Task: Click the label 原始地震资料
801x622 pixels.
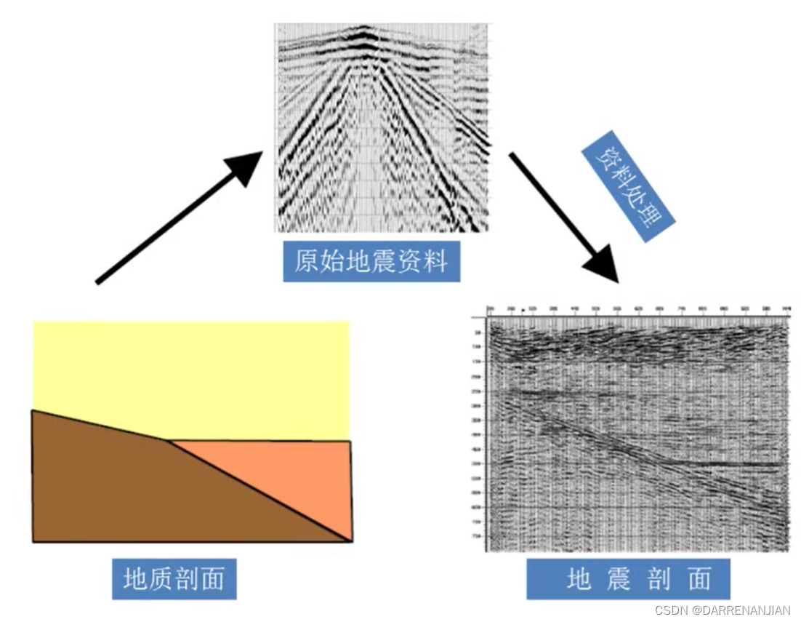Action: click(x=371, y=261)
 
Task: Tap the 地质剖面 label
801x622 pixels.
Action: click(x=174, y=579)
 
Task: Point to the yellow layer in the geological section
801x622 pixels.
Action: click(x=190, y=375)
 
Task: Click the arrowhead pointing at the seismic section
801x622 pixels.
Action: click(x=605, y=267)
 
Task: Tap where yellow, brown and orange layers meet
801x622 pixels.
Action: click(x=169, y=439)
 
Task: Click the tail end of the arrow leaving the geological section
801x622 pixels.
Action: click(x=98, y=282)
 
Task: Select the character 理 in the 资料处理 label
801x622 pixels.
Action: click(x=653, y=218)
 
